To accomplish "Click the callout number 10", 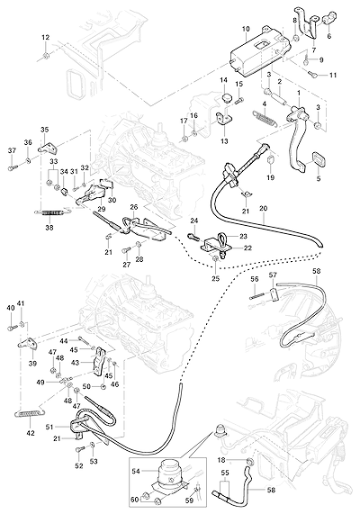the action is pyautogui.click(x=246, y=29).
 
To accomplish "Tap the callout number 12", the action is pyautogui.click(x=46, y=38).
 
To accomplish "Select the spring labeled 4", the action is pyautogui.click(x=265, y=118).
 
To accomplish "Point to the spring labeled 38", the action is pyautogui.click(x=49, y=213).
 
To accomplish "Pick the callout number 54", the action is pyautogui.click(x=136, y=471).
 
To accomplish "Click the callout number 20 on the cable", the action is pyautogui.click(x=264, y=208).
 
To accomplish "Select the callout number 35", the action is pyautogui.click(x=44, y=129).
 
